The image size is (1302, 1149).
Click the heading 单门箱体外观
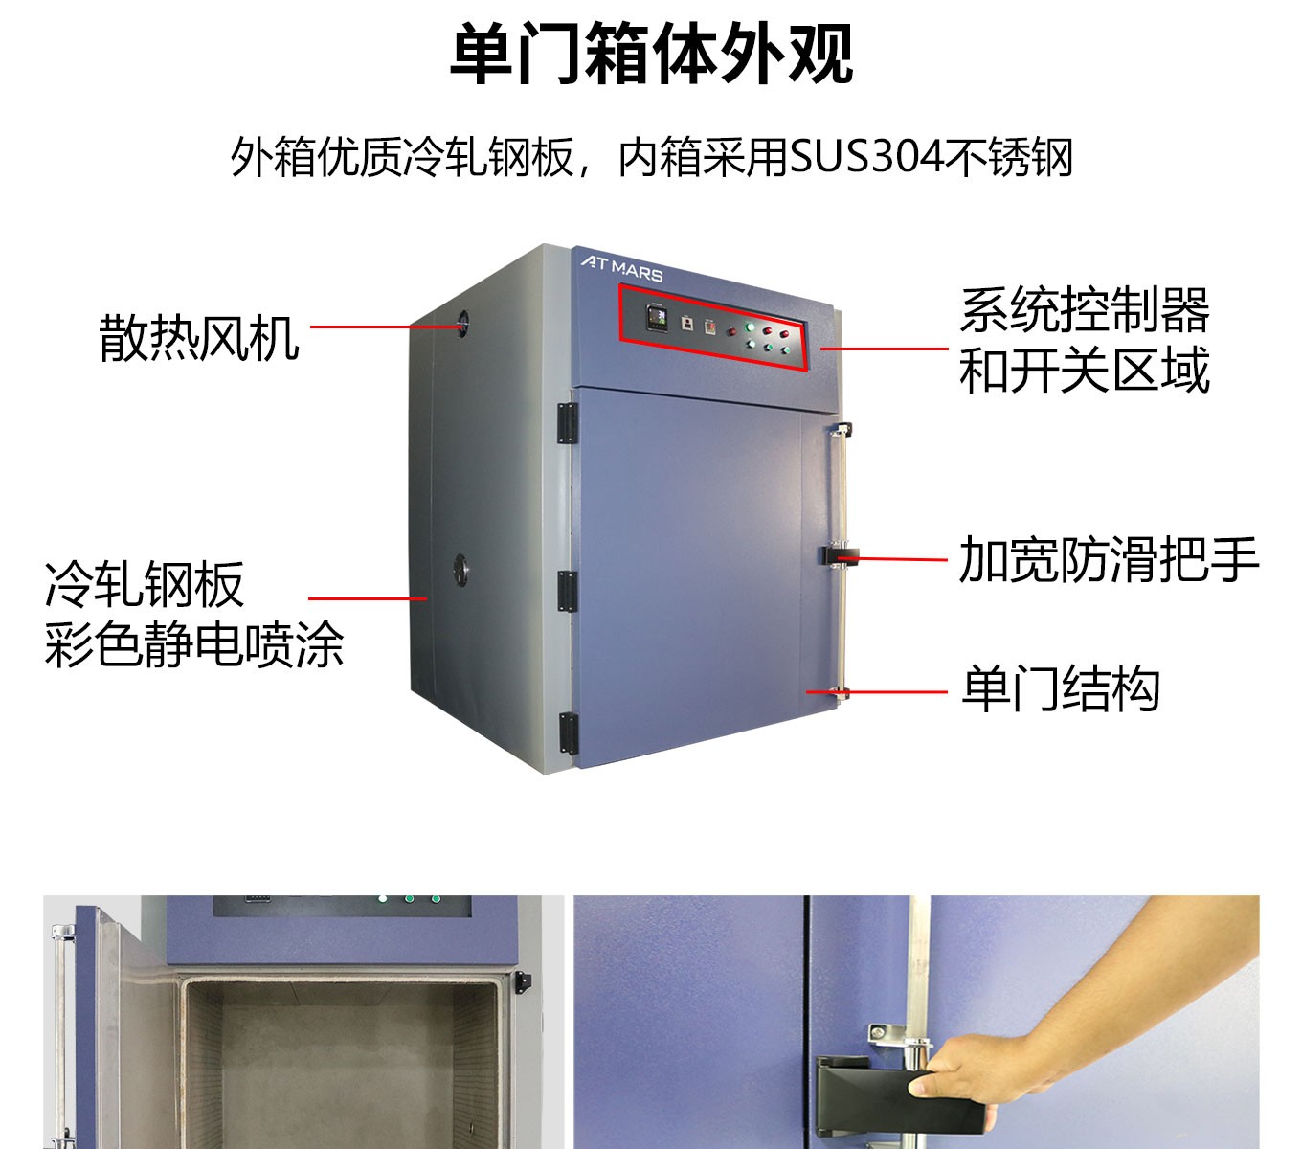[x=651, y=55]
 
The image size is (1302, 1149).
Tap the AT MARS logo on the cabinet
[x=621, y=267]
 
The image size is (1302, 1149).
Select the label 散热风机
[x=199, y=338]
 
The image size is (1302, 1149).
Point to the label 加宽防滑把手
[x=1109, y=560]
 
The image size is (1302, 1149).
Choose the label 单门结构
[x=1060, y=689]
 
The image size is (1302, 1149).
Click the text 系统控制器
[x=1085, y=309]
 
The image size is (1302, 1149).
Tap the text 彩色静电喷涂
[x=194, y=645]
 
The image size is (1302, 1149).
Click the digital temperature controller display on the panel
[x=657, y=317]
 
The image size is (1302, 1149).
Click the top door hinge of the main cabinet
[x=567, y=423]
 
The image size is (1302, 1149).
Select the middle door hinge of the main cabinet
[x=567, y=591]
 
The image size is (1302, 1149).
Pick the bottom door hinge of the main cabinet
[x=567, y=732]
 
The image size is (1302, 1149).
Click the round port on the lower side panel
[x=460, y=568]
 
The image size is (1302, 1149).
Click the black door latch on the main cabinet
[x=840, y=555]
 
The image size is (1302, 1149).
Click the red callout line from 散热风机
[x=383, y=327]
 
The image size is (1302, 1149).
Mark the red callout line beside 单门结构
[x=876, y=691]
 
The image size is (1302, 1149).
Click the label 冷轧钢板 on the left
[x=145, y=584]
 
